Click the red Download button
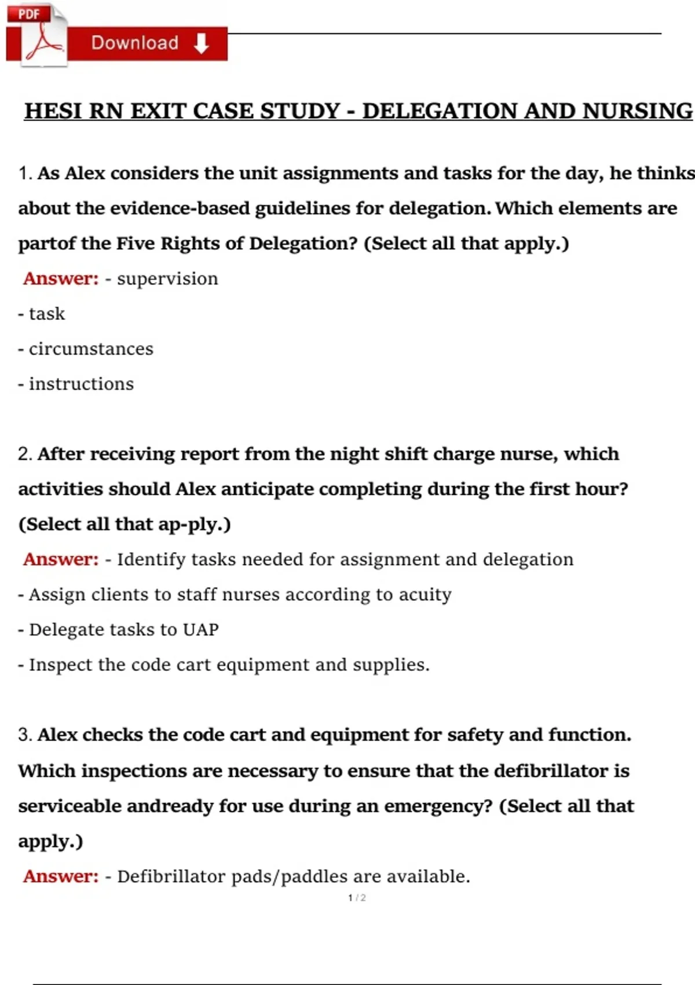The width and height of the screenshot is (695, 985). click(148, 43)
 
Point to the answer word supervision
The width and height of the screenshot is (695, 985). click(167, 279)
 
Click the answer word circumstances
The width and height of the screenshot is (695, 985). click(91, 349)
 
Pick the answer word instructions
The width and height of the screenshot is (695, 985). click(81, 384)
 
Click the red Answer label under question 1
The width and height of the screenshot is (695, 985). click(61, 279)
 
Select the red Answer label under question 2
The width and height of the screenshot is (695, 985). click(61, 559)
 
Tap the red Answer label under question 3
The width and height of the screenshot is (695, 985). click(61, 876)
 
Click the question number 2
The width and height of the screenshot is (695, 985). click(24, 454)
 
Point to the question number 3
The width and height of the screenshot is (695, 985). click(24, 735)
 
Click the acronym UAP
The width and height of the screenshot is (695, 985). click(200, 629)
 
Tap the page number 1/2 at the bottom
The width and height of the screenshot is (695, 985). click(357, 898)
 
